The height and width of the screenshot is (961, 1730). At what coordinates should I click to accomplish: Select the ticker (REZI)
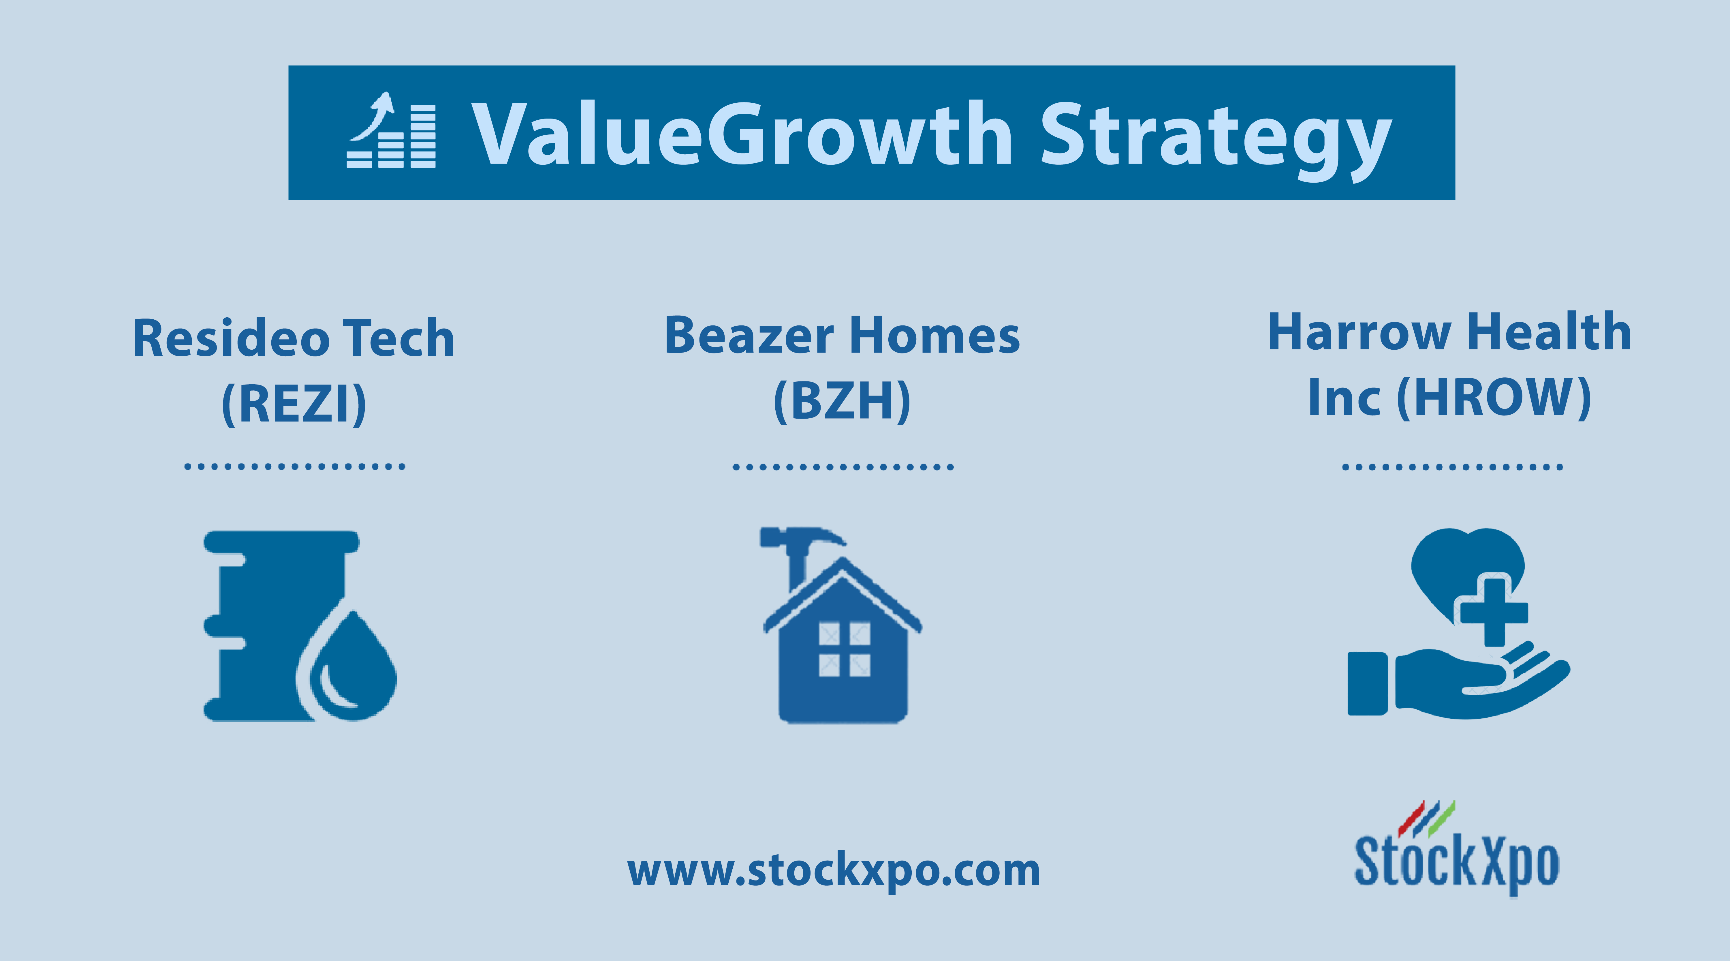(x=294, y=404)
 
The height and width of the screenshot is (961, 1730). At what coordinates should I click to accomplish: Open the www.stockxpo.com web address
(x=834, y=871)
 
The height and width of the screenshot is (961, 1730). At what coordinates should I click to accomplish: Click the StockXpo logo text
(x=1456, y=863)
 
